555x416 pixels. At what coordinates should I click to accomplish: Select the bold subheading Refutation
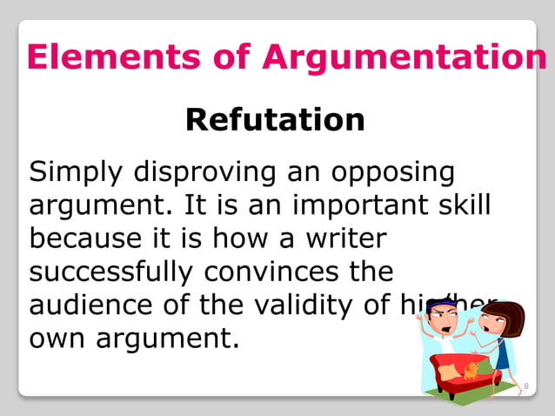tap(275, 119)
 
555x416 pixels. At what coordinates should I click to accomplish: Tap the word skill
tap(461, 205)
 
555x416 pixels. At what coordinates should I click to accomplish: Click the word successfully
tap(110, 271)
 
